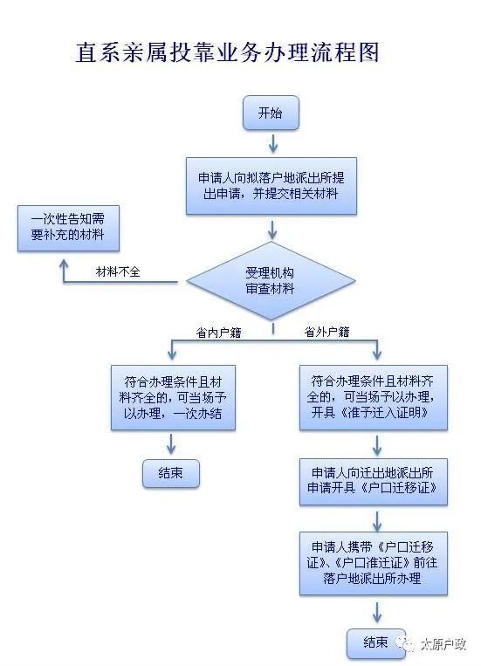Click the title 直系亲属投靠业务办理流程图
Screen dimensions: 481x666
click(x=227, y=52)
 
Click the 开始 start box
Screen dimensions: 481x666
click(x=271, y=113)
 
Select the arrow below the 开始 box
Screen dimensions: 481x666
click(x=272, y=143)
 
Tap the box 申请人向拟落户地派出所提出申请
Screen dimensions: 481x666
click(x=271, y=186)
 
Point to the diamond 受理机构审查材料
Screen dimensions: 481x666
click(x=271, y=281)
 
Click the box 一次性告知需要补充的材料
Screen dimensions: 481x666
click(x=68, y=228)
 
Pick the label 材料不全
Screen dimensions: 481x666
click(x=118, y=271)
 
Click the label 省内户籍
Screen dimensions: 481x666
click(x=218, y=333)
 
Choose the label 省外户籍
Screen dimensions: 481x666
click(x=326, y=332)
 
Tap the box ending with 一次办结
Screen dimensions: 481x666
click(x=173, y=397)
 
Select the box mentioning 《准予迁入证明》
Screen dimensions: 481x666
click(x=374, y=397)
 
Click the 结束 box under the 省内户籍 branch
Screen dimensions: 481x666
click(x=171, y=473)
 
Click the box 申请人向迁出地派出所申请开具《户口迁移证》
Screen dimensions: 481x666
click(x=374, y=482)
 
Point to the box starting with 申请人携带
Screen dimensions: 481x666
click(x=374, y=563)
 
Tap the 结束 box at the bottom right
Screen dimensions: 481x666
click(x=376, y=643)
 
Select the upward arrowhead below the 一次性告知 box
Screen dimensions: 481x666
click(x=64, y=264)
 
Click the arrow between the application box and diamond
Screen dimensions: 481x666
click(x=272, y=230)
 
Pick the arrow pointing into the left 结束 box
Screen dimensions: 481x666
click(x=171, y=444)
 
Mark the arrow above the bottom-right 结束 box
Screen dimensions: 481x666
click(x=376, y=612)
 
